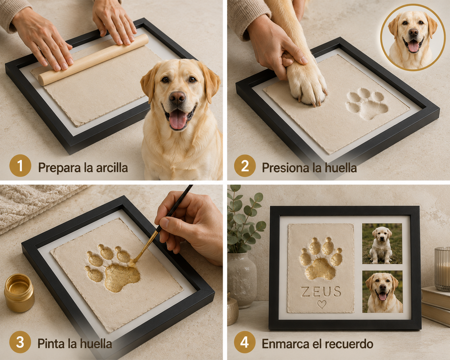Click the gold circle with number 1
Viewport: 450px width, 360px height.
20,166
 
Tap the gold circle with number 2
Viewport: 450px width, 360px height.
245,166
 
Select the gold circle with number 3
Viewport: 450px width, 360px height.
20,342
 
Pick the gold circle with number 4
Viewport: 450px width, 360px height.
245,342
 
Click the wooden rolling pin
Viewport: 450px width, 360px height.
93,60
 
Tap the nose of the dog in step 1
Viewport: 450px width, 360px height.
177,98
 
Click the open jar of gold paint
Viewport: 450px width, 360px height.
19,293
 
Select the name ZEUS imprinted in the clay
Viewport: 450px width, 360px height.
321,292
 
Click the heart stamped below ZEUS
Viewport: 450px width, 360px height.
322,305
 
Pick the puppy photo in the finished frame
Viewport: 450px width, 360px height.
382,244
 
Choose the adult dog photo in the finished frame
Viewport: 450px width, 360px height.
383,292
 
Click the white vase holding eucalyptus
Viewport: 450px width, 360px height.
242,280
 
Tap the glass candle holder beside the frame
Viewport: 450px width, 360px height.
442,269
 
